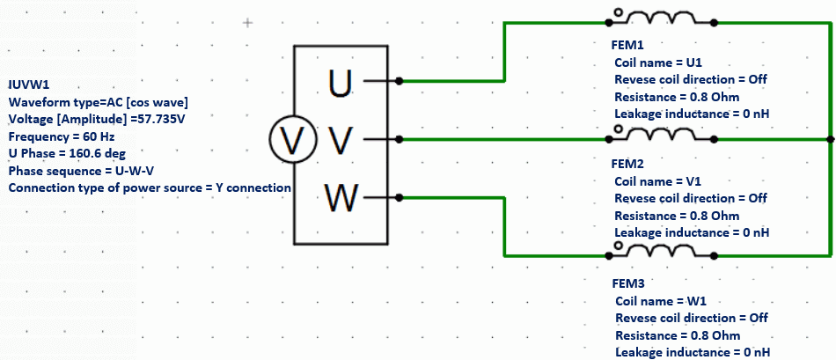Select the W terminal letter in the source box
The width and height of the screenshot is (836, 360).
340,197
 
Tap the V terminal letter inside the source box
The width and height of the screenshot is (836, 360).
339,139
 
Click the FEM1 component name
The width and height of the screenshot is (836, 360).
627,44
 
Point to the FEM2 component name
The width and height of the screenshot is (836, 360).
627,164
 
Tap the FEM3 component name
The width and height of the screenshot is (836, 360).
627,284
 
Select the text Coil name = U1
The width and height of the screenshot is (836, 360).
657,62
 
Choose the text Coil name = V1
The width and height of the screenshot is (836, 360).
657,181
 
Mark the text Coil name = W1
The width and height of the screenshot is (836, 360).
659,301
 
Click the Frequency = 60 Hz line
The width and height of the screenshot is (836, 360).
61,136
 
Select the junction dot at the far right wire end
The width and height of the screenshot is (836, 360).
829,139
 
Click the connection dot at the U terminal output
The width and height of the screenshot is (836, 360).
400,81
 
